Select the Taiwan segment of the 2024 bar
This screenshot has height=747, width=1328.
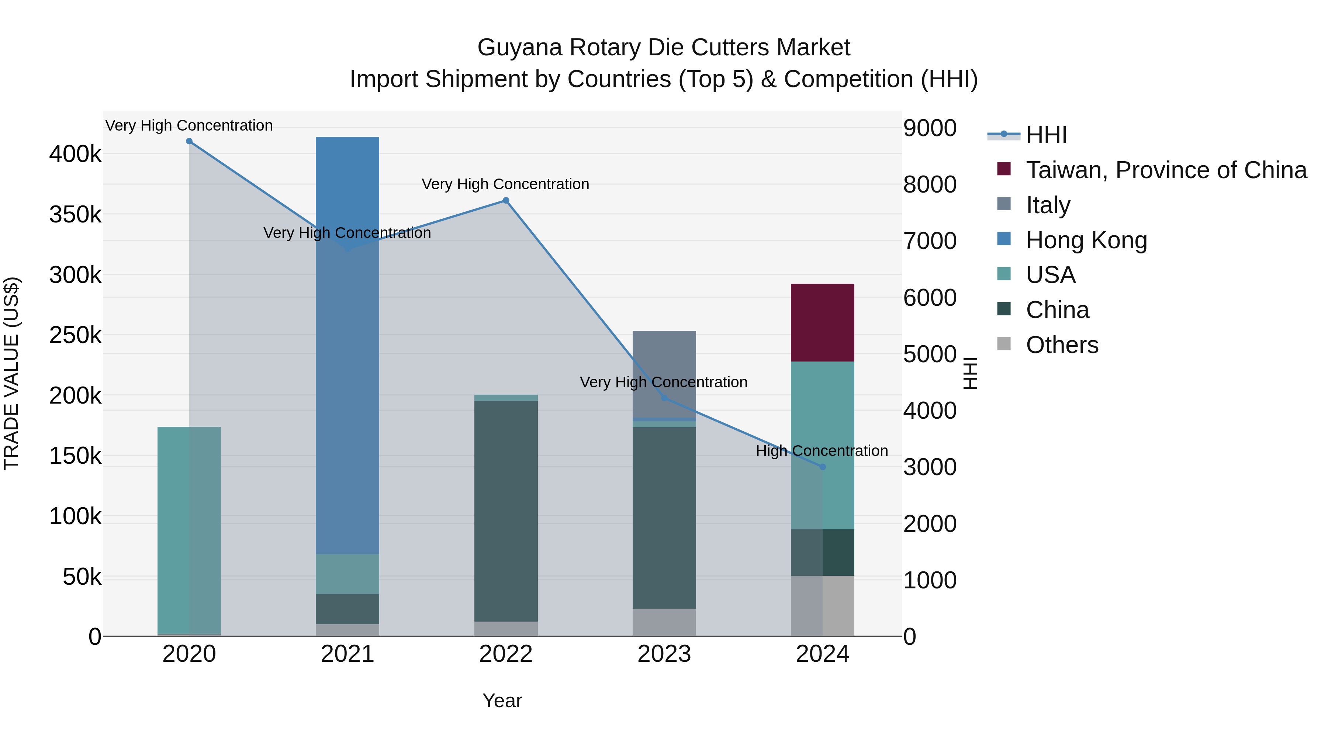tap(822, 322)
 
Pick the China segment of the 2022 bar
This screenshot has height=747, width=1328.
tap(506, 511)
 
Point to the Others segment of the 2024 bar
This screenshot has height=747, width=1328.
tap(822, 606)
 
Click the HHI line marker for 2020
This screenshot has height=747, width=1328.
tap(189, 141)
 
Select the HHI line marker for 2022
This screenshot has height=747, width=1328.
tap(506, 201)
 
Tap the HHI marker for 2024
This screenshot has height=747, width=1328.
tap(822, 467)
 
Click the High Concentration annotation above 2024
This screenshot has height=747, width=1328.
tap(822, 450)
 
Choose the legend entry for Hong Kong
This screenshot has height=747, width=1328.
tap(1086, 240)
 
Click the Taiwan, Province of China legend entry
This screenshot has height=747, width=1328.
tap(1166, 170)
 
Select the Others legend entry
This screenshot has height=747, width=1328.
tap(1062, 345)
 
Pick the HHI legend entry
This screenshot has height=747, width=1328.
tap(1046, 135)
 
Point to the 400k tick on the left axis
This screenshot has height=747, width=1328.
tap(75, 154)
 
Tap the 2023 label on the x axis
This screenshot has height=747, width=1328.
tap(664, 654)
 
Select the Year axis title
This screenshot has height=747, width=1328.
tap(502, 701)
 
